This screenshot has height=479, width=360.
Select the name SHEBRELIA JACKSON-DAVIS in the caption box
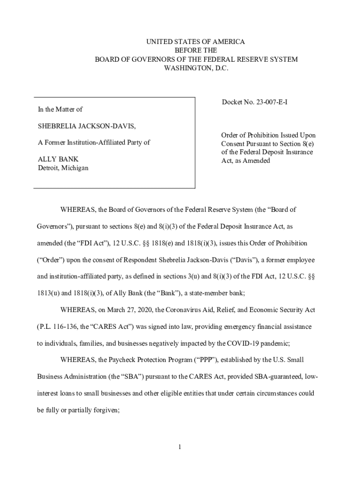coord(87,126)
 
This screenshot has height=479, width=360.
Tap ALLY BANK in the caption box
coord(58,160)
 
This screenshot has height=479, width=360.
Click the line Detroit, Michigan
coord(63,168)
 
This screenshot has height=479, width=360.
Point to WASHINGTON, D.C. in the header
coord(196,68)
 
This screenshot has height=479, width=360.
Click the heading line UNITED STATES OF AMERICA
coord(196,42)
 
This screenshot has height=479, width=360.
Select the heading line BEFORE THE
coord(196,51)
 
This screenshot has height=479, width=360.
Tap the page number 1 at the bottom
coord(180,447)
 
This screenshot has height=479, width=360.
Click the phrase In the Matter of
coord(60,109)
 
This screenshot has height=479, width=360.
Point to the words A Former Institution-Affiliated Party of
coord(94,143)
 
